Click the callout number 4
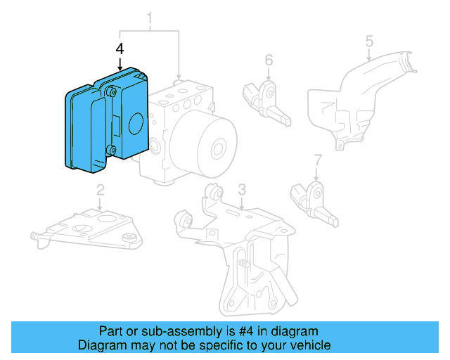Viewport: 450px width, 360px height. coord(120,49)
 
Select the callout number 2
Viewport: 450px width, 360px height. coord(101,189)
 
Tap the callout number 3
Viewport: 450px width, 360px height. coord(241,189)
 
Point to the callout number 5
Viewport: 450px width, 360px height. coord(369,43)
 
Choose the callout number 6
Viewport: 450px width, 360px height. coord(269,60)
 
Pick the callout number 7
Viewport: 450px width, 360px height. coord(317,159)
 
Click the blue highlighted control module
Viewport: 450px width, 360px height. coord(105,123)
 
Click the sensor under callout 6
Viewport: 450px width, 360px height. coord(266,98)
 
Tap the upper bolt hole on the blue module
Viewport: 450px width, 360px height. coord(110,90)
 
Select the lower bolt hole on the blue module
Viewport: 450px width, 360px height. coord(110,148)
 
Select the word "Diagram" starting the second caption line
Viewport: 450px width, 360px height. coord(100,345)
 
